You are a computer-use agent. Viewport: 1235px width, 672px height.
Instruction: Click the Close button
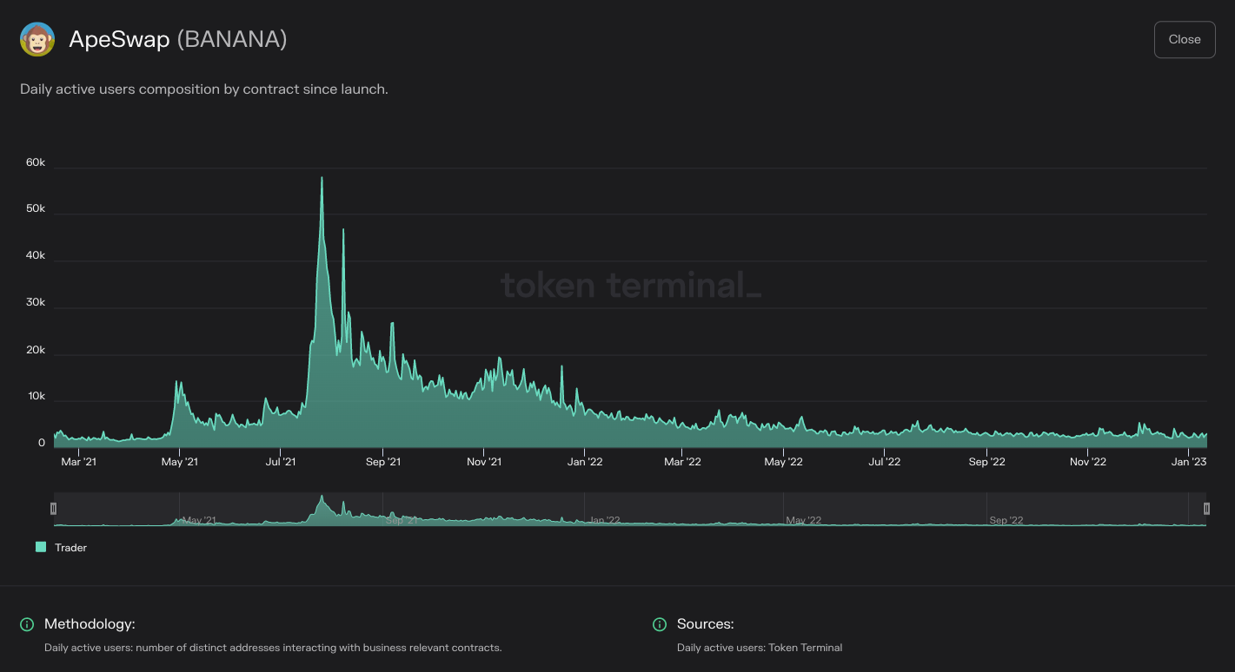[x=1184, y=40]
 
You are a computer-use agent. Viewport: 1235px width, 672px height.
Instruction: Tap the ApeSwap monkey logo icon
[x=37, y=40]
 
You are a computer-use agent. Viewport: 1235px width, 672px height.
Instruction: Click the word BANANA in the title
[x=232, y=40]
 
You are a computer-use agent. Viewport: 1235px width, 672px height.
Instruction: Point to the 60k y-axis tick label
[x=36, y=163]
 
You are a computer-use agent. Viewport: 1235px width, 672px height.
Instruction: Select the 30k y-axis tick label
[x=36, y=303]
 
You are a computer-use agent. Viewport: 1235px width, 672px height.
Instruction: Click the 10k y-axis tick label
[x=36, y=396]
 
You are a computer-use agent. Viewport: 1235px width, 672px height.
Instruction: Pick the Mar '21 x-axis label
[x=78, y=462]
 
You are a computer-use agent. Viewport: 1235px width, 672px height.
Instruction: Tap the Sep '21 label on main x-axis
[x=382, y=462]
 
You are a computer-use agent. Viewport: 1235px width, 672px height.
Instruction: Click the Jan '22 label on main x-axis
[x=585, y=462]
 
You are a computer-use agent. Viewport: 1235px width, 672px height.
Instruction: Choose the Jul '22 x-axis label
[x=884, y=462]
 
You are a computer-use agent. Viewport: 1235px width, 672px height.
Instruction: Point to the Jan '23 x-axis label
[x=1189, y=462]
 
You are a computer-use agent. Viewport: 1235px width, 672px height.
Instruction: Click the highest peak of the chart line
[x=322, y=178]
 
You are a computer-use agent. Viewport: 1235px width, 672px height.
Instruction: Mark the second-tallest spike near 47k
[x=343, y=230]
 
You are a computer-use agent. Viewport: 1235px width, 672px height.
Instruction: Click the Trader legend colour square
[x=41, y=547]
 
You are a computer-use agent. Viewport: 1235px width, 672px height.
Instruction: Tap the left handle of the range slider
[x=53, y=509]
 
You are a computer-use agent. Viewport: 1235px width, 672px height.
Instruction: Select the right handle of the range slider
[x=1206, y=509]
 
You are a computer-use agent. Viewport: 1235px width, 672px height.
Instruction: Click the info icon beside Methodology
[x=27, y=624]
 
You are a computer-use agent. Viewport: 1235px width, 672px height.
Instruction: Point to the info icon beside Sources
[x=660, y=624]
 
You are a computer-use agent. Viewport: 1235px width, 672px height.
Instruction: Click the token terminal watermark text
[x=630, y=285]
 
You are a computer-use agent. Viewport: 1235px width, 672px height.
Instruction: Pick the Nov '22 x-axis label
[x=1087, y=462]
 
